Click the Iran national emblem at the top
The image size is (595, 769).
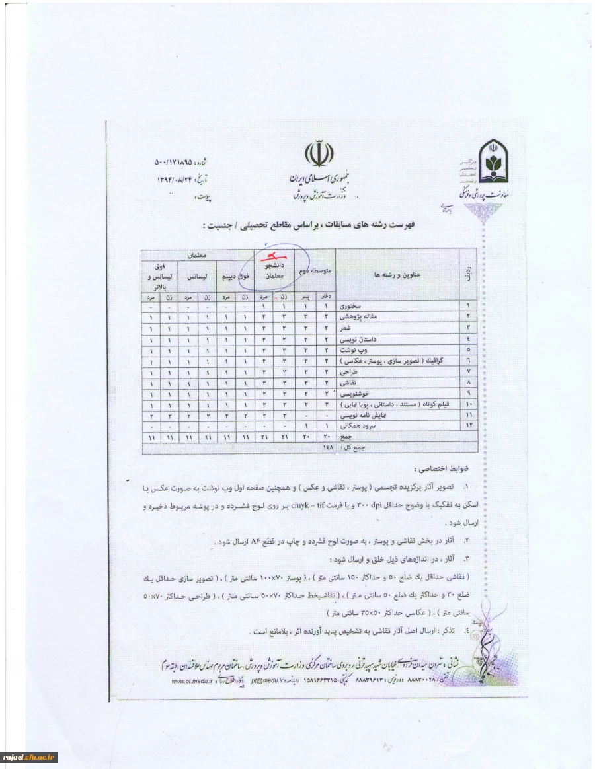315,156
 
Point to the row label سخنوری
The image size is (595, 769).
350,307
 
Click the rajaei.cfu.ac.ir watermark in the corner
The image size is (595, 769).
30,757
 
